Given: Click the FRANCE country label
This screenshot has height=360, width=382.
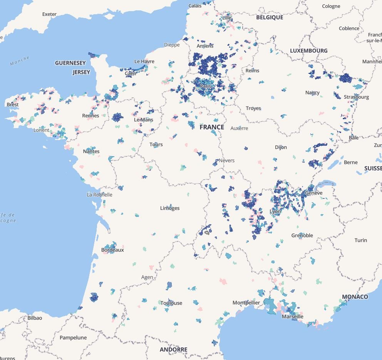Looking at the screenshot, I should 211,127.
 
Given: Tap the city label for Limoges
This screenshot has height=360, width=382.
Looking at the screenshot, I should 170,208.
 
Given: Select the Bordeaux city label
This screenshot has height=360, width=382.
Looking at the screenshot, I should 112,250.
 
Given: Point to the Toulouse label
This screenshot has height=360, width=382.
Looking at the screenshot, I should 171,303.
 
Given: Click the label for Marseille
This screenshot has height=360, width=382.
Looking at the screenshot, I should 293,317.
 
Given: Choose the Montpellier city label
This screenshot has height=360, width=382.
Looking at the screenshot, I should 246,303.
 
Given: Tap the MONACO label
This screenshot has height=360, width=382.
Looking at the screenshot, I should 355,297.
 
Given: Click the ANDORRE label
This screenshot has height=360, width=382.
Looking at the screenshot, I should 174,349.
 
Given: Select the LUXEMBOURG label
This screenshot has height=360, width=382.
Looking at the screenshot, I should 308,50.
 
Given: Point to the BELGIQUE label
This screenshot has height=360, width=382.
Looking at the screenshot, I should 270,17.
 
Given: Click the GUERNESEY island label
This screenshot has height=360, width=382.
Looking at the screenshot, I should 70,63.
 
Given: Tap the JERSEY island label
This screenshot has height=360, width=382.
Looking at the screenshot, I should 81,72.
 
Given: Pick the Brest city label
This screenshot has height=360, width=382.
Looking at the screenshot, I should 12,104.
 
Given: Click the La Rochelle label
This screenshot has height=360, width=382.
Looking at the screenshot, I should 100,195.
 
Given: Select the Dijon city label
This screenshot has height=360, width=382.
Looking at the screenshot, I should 281,147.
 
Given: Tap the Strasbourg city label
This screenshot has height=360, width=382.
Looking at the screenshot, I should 356,97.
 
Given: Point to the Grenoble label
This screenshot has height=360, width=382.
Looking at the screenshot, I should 302,235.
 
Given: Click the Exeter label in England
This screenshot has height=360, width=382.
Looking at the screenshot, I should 49,14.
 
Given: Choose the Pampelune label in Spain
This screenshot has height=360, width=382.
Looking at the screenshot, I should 73,337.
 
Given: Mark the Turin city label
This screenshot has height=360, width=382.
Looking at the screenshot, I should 360,240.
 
